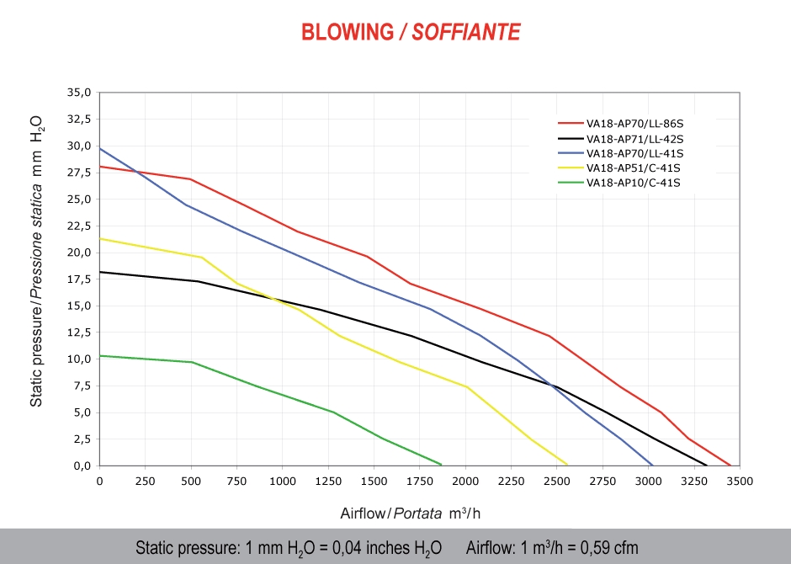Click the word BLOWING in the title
(x=348, y=33)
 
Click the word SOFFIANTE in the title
(x=466, y=33)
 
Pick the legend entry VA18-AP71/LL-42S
(x=634, y=139)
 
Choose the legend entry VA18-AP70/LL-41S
(x=634, y=153)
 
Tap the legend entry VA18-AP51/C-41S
(x=633, y=168)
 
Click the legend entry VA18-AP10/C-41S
(x=633, y=183)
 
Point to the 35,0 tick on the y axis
(x=80, y=92)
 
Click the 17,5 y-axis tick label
(x=80, y=279)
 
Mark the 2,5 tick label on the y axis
(x=82, y=439)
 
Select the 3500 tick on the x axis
(x=740, y=481)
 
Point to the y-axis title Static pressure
(x=37, y=261)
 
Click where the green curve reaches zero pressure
(x=442, y=465)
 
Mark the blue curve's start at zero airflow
(x=100, y=148)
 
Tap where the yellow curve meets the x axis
(x=567, y=465)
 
